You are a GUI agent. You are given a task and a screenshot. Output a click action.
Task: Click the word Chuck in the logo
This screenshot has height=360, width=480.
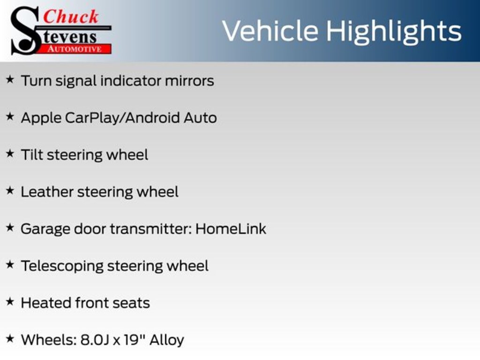(x=70, y=16)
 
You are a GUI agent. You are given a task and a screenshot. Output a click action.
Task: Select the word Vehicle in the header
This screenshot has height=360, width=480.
(x=270, y=31)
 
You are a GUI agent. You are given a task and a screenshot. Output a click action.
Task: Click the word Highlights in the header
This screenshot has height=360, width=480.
(x=393, y=31)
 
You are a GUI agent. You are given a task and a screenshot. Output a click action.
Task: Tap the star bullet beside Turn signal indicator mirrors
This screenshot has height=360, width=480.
(x=10, y=80)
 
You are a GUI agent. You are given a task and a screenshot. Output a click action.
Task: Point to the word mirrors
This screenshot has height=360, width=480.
(x=189, y=81)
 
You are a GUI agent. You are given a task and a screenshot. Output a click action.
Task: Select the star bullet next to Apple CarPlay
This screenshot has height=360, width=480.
(x=10, y=117)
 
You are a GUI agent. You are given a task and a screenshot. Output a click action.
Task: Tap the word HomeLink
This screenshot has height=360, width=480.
(x=231, y=229)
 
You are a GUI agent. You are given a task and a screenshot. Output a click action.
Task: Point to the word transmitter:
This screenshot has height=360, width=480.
(x=151, y=229)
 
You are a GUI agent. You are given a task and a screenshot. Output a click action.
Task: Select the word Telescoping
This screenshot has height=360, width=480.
(x=62, y=266)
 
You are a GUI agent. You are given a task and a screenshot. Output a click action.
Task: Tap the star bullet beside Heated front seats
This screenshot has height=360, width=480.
(x=10, y=302)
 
